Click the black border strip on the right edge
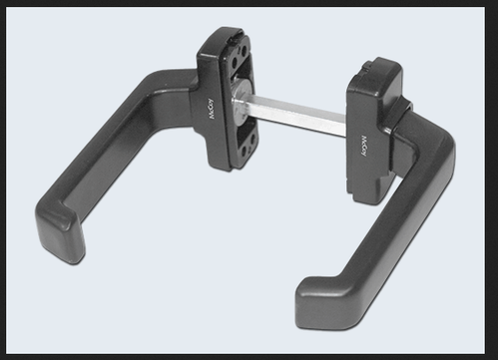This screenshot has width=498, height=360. pos(494,180)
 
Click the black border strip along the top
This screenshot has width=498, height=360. pos(249,4)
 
